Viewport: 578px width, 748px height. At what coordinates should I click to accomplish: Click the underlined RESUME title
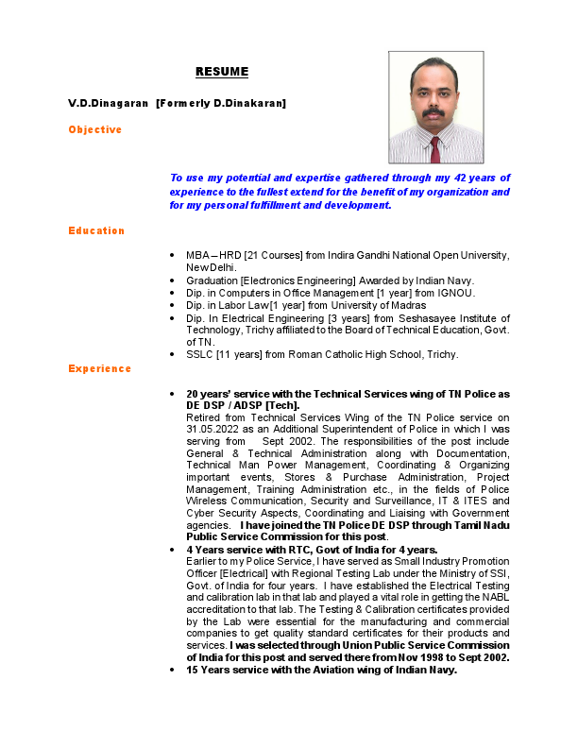click(222, 72)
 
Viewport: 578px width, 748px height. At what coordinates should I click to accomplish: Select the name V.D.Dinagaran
click(108, 102)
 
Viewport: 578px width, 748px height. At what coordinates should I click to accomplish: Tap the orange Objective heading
click(94, 129)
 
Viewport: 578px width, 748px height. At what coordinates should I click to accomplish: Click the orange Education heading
click(96, 230)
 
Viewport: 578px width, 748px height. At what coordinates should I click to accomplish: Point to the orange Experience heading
click(100, 368)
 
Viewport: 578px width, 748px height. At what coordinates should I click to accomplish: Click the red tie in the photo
click(435, 149)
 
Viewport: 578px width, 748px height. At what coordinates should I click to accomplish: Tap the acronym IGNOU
click(452, 293)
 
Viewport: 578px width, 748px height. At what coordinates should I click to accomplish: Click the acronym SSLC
click(200, 354)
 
